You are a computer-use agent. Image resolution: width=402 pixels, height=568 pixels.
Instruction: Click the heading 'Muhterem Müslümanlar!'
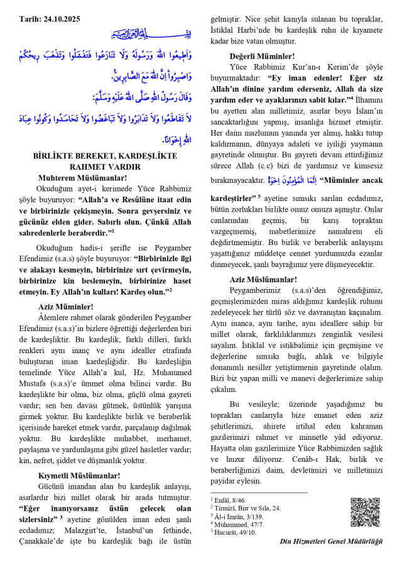click(x=82, y=178)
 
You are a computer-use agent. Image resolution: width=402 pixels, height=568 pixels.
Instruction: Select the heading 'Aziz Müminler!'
click(x=65, y=307)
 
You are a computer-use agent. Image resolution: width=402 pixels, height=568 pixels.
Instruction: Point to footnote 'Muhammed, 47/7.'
click(x=239, y=523)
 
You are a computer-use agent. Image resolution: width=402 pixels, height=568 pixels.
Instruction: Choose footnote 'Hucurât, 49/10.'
click(x=237, y=532)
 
